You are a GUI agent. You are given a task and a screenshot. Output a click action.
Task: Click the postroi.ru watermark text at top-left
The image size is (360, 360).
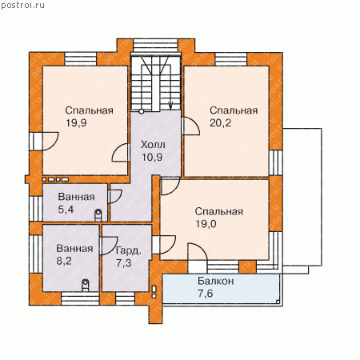pos(22,5)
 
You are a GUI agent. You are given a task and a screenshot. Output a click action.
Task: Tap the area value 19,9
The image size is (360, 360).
pos(76,123)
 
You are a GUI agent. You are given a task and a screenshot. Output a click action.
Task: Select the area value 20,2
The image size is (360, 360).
pos(220,123)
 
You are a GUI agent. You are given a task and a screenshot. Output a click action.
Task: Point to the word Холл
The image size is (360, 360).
pos(153,145)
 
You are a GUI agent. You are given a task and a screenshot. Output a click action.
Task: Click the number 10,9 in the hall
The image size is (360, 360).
pos(152,158)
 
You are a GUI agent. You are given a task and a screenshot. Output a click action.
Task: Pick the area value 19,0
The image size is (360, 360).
pos(206,224)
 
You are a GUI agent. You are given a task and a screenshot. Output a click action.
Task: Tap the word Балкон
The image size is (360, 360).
pos(216,281)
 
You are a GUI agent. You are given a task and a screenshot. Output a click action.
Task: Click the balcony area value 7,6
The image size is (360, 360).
pos(206,294)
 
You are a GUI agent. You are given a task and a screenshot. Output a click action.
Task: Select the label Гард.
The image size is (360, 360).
pos(129,251)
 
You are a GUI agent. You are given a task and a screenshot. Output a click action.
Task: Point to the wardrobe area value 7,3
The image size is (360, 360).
pos(124,263)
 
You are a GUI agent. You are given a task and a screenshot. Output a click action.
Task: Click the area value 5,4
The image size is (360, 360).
pos(66,210)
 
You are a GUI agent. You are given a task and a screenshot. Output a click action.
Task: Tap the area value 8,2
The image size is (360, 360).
pos(64,261)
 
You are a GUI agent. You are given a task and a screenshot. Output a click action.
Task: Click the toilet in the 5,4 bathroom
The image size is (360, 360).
pos(98,215)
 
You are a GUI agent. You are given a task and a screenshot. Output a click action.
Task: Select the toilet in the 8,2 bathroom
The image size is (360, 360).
pos(85,285)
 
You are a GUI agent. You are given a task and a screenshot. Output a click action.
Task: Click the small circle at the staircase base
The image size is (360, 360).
pos(142,111)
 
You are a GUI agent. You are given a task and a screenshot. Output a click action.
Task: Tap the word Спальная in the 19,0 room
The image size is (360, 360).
pos(219,211)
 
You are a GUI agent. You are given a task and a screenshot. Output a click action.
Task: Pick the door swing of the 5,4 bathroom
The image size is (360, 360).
pos(119,198)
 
